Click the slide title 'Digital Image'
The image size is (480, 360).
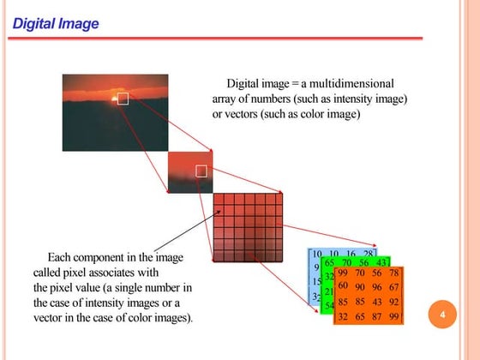click(x=56, y=23)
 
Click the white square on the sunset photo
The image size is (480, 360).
click(x=122, y=99)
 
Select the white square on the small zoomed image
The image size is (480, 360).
click(x=201, y=171)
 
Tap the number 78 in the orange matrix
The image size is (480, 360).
click(x=393, y=273)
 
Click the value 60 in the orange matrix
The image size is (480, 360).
click(x=343, y=285)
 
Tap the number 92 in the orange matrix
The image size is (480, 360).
click(x=393, y=301)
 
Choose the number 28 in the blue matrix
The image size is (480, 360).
click(x=368, y=255)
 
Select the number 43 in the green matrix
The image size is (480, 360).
click(x=382, y=263)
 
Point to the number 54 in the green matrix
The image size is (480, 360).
click(x=329, y=306)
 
